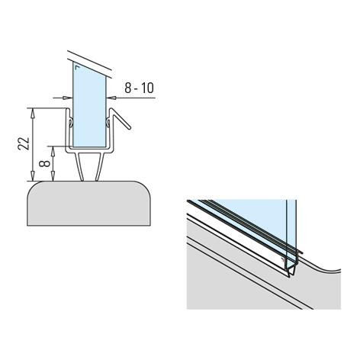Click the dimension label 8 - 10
click(139, 88)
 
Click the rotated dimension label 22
click(24, 143)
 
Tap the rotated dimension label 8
click(45, 163)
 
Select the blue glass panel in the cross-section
click(89, 104)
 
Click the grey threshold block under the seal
click(88, 204)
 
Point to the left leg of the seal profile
click(79, 167)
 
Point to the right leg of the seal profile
click(100, 167)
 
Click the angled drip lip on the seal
click(121, 119)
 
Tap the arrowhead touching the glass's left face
click(68, 98)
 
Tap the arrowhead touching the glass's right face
click(111, 98)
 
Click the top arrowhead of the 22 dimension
click(32, 113)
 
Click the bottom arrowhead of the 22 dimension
click(32, 176)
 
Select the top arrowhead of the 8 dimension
click(53, 151)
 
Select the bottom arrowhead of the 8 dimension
click(53, 176)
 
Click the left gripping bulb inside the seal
click(71, 123)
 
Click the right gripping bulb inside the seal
click(108, 123)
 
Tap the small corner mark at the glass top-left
click(77, 67)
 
